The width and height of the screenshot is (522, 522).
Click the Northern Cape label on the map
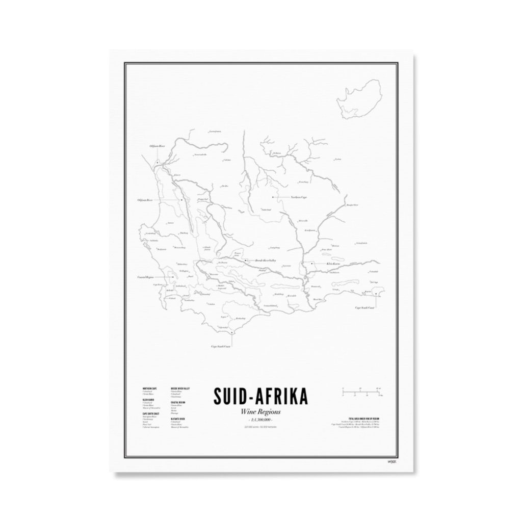coord(298,197)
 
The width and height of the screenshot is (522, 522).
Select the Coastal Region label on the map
coord(146,277)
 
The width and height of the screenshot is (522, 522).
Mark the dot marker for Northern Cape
coord(273,197)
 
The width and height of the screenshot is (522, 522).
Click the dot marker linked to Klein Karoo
coord(312,263)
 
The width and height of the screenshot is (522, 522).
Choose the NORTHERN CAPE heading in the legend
coord(150,388)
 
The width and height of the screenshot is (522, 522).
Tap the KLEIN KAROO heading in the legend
coord(148,400)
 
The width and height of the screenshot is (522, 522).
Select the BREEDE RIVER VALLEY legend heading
coord(180,388)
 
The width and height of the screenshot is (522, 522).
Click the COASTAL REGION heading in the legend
coord(178,403)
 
